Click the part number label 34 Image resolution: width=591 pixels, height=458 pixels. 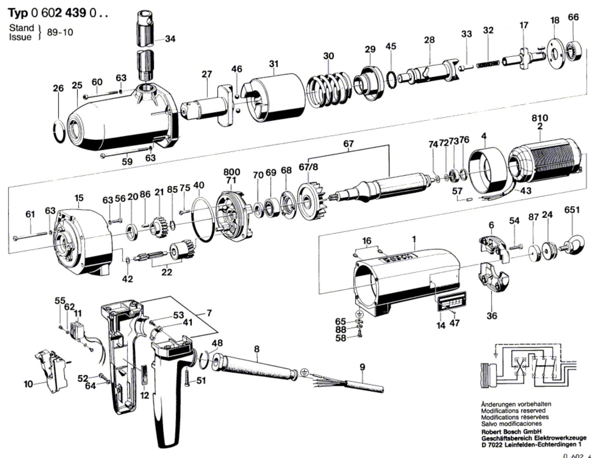[x=170, y=39]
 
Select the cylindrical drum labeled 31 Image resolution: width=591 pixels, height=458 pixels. [x=275, y=98]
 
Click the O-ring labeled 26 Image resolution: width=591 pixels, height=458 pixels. [x=58, y=131]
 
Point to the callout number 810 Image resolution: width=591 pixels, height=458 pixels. [x=540, y=118]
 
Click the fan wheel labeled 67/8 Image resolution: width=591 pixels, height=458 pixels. [x=313, y=197]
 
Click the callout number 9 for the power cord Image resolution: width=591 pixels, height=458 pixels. [x=362, y=367]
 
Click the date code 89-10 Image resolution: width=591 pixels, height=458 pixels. [x=60, y=33]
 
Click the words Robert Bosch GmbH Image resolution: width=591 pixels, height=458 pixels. [x=511, y=432]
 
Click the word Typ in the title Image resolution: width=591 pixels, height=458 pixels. [x=18, y=13]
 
